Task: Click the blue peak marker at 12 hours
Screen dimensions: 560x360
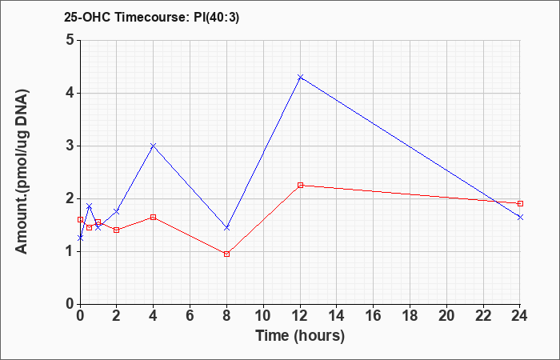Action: [x=300, y=77]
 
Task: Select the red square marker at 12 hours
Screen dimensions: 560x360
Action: [x=300, y=186]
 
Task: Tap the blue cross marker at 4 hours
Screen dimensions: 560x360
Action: [x=154, y=146]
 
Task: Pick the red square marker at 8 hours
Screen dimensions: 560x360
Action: [x=226, y=254]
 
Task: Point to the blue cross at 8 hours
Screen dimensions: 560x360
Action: [x=226, y=227]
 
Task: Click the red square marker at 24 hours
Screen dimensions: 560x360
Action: [x=520, y=203]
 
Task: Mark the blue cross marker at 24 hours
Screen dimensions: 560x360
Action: [x=520, y=217]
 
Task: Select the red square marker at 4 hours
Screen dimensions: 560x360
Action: [x=154, y=217]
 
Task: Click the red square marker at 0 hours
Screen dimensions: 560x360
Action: [x=80, y=220]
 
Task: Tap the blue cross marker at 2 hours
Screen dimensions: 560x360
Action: [x=117, y=212]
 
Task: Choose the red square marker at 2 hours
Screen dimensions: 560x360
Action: [x=117, y=230]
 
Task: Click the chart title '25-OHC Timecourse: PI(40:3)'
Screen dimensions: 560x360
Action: [x=151, y=17]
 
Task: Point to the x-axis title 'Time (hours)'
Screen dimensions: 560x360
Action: [x=300, y=336]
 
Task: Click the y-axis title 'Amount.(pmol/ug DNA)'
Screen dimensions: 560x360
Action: [x=22, y=171]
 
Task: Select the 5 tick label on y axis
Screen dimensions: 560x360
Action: [x=70, y=40]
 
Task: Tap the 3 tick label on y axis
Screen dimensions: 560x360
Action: [x=70, y=146]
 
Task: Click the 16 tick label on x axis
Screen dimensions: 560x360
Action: [x=374, y=316]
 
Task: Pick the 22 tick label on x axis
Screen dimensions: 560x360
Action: [x=483, y=316]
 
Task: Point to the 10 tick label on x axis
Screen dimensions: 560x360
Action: [x=263, y=316]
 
